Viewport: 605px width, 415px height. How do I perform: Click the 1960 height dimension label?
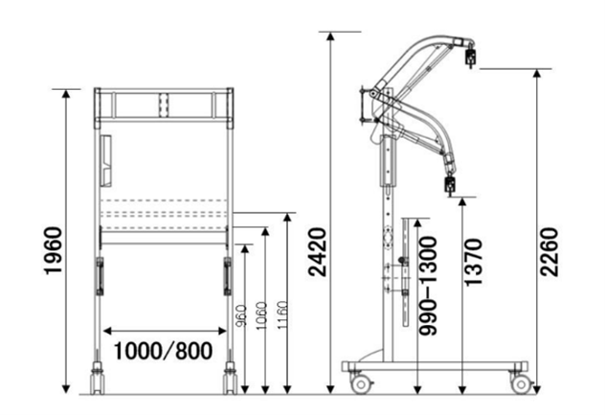coord(54,251)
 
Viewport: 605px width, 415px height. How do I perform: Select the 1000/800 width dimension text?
coord(163,351)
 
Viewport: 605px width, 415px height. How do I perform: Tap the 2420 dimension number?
coord(317,252)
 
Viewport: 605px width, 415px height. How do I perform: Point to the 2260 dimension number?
coord(549,252)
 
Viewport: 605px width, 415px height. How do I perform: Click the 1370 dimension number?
coord(473,263)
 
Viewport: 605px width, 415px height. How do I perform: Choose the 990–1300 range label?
coord(428,286)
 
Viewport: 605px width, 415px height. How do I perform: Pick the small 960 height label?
coord(241,315)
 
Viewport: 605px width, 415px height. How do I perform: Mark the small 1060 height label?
coord(261,315)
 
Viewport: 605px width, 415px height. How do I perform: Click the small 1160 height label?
coord(282,315)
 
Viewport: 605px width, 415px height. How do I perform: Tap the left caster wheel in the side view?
coord(361,384)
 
